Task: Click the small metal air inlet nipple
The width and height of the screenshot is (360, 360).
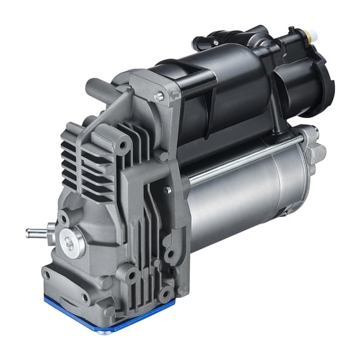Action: pyautogui.click(x=35, y=234)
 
